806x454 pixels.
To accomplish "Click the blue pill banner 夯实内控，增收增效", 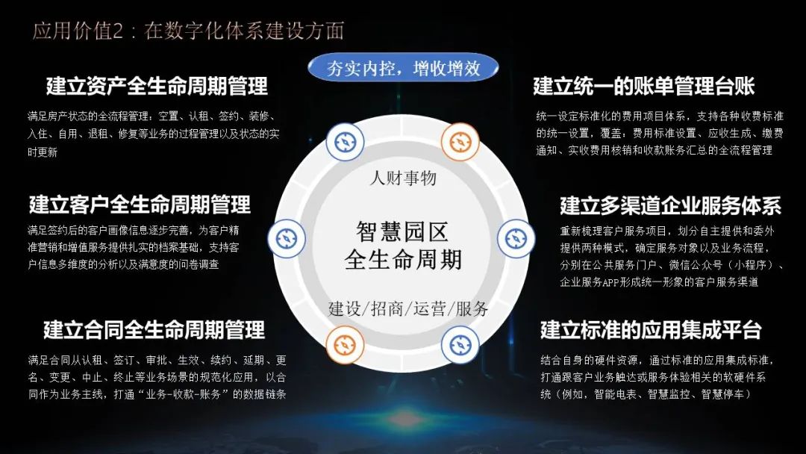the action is [x=403, y=69].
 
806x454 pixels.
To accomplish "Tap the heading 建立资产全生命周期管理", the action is [x=157, y=86].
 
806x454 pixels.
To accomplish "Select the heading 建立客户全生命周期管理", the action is [x=140, y=204].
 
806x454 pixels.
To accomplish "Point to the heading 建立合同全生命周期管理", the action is [x=154, y=329].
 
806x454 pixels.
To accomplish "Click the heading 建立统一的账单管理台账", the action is [x=643, y=86].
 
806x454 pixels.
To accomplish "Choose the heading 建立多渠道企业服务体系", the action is [x=671, y=205].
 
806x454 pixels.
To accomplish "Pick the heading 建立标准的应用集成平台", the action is [x=651, y=329].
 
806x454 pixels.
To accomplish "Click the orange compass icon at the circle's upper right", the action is [x=460, y=142].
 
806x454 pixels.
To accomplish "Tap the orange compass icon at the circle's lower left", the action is [x=345, y=345].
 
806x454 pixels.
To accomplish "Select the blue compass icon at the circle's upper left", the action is [x=345, y=142].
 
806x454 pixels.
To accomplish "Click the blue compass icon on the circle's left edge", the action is [x=287, y=238].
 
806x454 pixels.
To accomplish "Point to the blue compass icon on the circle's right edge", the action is [x=516, y=238].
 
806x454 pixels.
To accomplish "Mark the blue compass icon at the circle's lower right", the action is [x=460, y=345].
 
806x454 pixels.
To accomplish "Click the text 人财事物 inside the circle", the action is [x=403, y=178].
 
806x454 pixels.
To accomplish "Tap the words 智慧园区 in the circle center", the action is [x=402, y=232].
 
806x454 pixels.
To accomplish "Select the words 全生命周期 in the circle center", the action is [x=403, y=260].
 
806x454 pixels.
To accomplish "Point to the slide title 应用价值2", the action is [x=78, y=31].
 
